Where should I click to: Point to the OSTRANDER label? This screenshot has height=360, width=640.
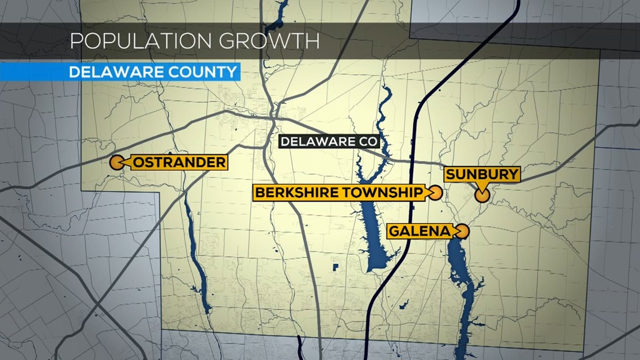click(179, 163)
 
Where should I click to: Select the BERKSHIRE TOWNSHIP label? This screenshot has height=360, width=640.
click(339, 193)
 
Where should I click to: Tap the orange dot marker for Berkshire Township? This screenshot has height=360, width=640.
click(436, 193)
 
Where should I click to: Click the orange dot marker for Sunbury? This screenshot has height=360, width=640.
click(482, 195)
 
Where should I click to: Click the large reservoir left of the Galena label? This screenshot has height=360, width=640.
click(373, 236)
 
